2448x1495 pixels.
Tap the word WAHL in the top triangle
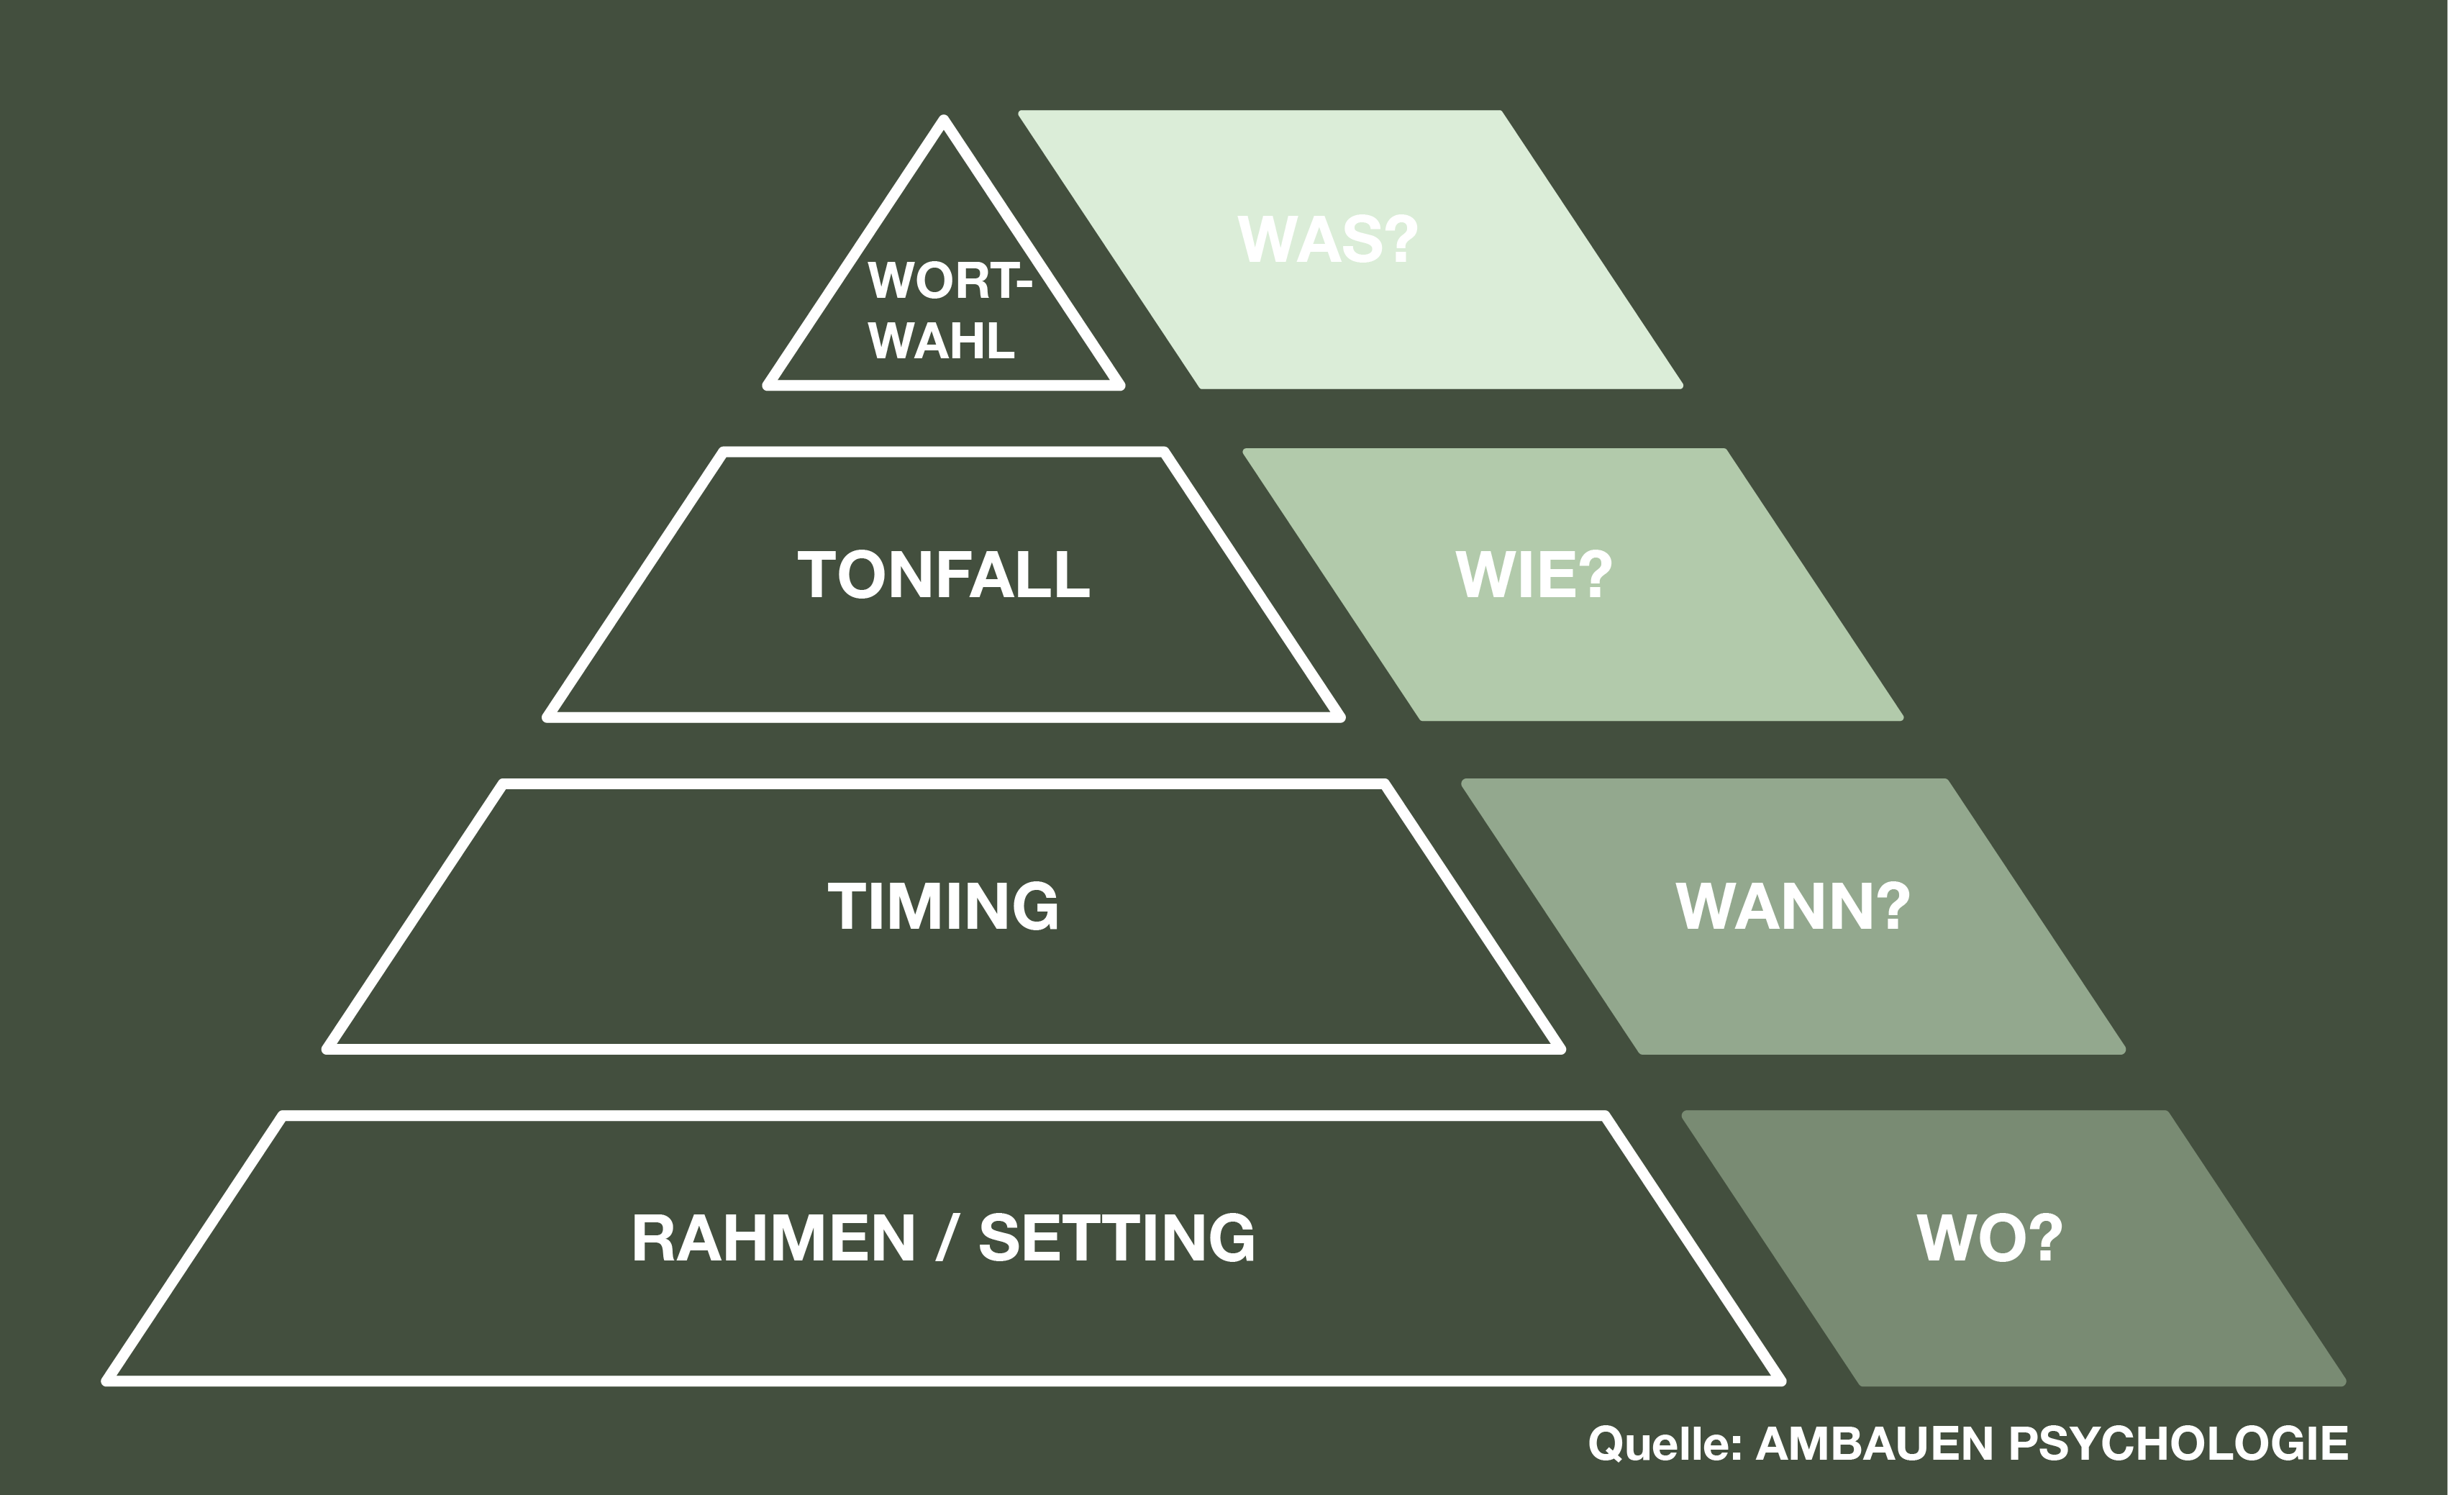click(x=941, y=342)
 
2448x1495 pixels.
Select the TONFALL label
click(x=943, y=575)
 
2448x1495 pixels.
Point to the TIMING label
click(x=943, y=906)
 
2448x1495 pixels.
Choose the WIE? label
click(x=1534, y=575)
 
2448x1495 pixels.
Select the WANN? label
click(x=1792, y=906)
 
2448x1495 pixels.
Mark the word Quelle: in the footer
click(x=1665, y=1443)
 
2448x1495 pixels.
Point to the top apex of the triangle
click(x=944, y=120)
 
